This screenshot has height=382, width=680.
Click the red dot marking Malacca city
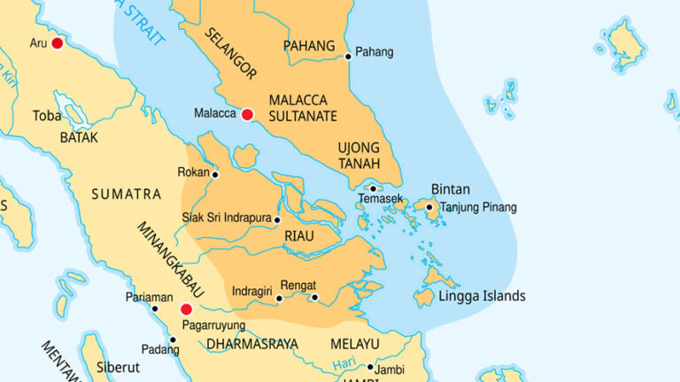click(248, 114)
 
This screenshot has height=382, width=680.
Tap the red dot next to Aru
click(58, 42)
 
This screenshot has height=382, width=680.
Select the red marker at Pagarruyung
click(186, 309)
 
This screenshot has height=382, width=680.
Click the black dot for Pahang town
click(348, 57)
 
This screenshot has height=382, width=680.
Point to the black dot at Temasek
click(374, 188)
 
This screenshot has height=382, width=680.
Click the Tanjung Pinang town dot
click(429, 209)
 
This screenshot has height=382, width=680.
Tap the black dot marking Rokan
click(215, 174)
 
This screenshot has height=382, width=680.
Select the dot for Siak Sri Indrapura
click(277, 219)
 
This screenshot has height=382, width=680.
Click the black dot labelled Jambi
click(370, 366)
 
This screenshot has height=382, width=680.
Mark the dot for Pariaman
click(155, 309)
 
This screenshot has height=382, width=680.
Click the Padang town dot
click(173, 340)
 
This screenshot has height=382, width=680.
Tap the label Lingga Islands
click(482, 296)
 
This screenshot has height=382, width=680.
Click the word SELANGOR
click(229, 53)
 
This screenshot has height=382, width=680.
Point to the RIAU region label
click(299, 235)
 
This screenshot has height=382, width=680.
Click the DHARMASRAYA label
click(252, 343)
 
